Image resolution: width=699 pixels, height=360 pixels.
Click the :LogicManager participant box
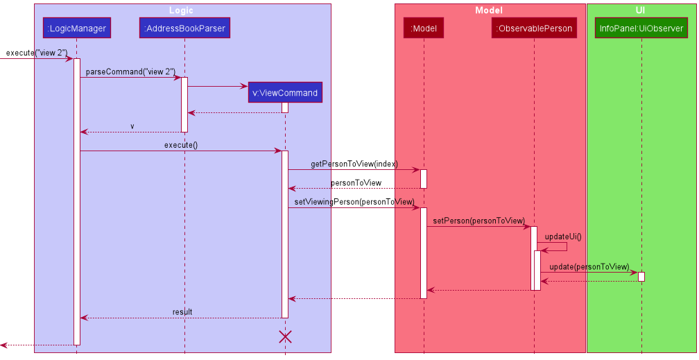click(x=76, y=28)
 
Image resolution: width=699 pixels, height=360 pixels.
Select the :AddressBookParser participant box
click(x=184, y=28)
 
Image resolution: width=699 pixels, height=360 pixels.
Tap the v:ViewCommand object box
click(x=285, y=92)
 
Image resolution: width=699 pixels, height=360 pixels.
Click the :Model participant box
click(x=423, y=28)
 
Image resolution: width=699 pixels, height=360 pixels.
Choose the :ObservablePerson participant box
click(x=534, y=28)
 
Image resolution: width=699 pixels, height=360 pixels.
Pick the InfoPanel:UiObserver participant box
click(x=641, y=28)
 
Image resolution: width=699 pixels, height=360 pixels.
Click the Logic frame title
click(x=182, y=10)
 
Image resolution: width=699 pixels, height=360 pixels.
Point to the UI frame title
click(x=640, y=10)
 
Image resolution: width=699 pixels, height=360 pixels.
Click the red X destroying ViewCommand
click(x=285, y=336)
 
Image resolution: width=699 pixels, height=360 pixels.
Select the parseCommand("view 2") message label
click(x=130, y=72)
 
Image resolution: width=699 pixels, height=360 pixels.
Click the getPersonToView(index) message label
click(x=354, y=164)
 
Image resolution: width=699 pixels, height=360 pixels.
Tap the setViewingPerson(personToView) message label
click(x=354, y=202)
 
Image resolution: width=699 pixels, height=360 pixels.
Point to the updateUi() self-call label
click(x=563, y=237)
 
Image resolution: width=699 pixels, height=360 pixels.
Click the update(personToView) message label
click(x=589, y=267)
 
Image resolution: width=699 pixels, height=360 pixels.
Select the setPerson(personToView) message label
click(x=478, y=221)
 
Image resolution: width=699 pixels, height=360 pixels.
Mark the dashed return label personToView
click(x=356, y=183)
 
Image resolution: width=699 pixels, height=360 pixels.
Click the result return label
click(x=182, y=313)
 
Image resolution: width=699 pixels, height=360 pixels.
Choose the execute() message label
click(x=180, y=145)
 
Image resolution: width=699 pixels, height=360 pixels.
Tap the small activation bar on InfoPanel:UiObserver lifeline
click(x=641, y=277)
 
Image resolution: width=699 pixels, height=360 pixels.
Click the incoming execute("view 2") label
click(x=37, y=53)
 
